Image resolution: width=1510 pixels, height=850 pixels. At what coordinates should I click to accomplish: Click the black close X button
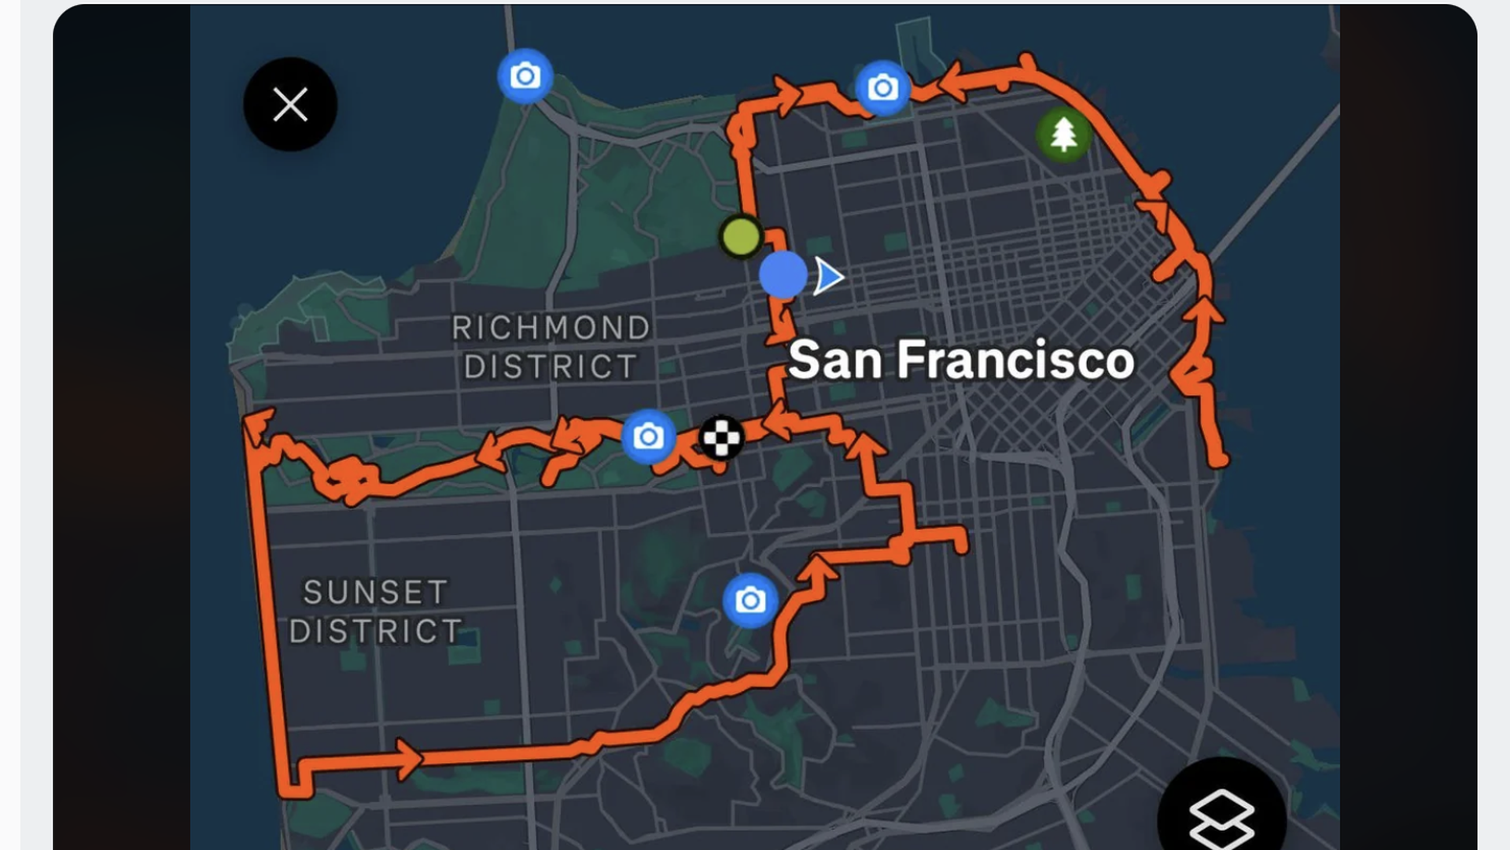click(x=290, y=105)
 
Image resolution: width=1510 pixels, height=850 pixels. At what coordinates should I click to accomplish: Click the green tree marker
click(x=1063, y=135)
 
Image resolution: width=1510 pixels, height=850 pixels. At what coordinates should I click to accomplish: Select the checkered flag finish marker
click(x=720, y=438)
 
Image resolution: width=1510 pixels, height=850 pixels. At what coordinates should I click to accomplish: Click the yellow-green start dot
click(x=741, y=236)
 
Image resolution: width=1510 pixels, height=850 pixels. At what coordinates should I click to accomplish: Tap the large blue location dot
click(x=783, y=275)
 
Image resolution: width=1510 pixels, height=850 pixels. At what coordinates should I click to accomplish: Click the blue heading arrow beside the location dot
click(x=827, y=276)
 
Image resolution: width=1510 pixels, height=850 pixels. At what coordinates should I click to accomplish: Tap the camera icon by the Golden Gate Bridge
click(x=525, y=76)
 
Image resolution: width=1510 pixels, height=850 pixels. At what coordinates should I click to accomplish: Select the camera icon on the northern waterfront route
click(x=882, y=88)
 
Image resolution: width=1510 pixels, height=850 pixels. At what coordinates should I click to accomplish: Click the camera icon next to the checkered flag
click(x=648, y=436)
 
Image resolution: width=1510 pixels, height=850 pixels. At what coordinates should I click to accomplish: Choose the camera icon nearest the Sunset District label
click(x=750, y=601)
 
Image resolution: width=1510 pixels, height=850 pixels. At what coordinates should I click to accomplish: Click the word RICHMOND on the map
click(x=551, y=328)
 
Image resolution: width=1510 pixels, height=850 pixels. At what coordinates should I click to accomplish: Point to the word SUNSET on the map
click(x=375, y=593)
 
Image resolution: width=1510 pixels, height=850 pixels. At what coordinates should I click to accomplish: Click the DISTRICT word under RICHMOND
click(x=551, y=367)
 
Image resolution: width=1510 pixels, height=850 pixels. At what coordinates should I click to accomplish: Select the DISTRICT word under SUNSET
click(x=375, y=631)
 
